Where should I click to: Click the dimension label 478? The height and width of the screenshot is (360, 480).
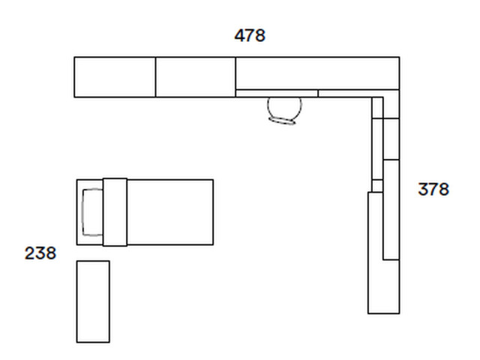coord(250,35)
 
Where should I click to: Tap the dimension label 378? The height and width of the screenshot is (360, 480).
coord(433,189)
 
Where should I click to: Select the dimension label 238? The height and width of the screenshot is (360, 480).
coord(40,253)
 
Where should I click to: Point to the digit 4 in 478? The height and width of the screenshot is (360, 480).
coord(240,35)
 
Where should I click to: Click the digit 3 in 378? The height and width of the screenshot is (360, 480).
coord(423,189)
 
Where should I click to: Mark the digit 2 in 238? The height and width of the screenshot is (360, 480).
coord(30,253)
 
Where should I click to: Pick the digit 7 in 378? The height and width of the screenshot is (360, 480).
coord(433,189)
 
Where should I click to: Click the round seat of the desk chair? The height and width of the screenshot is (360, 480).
coord(285,108)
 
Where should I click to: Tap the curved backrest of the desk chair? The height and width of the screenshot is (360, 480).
coord(282,121)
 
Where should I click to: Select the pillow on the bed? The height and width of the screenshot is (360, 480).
coord(92,212)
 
